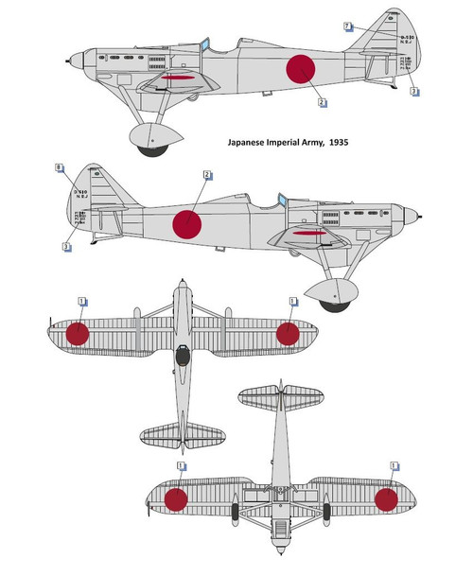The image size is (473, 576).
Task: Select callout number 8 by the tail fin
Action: coord(60,167)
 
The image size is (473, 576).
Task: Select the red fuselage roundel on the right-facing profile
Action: coord(187,223)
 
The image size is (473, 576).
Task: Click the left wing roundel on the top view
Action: coord(78,333)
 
